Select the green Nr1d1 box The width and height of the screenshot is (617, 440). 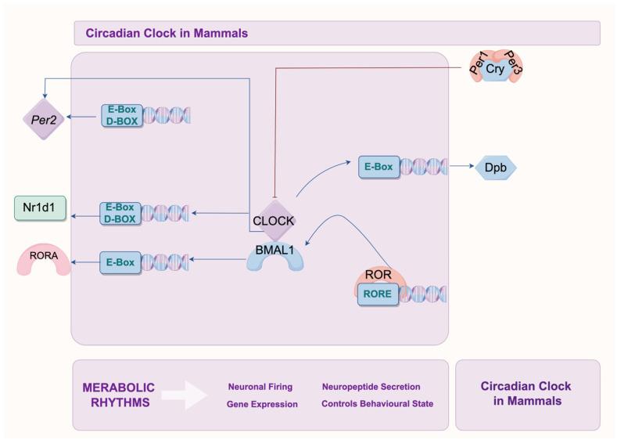click(40, 209)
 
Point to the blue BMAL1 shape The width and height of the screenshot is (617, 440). click(274, 254)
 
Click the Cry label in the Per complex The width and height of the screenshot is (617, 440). click(493, 68)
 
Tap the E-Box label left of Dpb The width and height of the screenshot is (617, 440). click(378, 167)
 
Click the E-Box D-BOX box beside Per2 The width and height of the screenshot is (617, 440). click(121, 116)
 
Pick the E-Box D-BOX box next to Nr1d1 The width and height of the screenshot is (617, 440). click(120, 212)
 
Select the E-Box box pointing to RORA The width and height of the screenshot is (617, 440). click(120, 262)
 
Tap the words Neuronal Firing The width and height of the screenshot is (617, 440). click(260, 387)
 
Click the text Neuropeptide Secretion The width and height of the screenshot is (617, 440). click(371, 387)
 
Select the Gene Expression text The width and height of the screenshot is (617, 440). click(262, 405)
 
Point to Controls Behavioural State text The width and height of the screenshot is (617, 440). click(377, 405)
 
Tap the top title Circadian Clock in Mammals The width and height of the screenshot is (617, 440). click(166, 33)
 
